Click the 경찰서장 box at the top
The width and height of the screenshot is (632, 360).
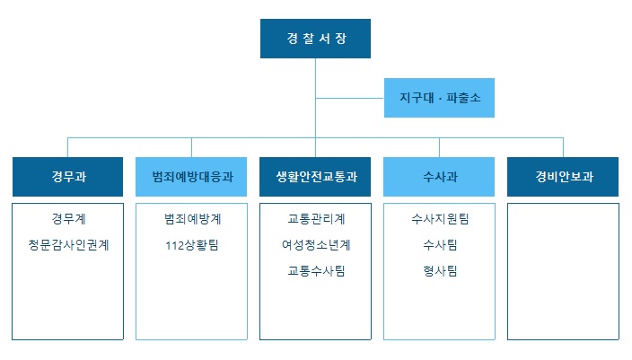coord(315,39)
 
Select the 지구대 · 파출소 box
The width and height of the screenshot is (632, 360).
coord(439,98)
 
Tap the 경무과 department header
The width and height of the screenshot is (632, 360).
coord(68,177)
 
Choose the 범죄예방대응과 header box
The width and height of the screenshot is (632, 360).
coord(191,177)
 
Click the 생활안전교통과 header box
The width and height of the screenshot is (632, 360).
coord(315,177)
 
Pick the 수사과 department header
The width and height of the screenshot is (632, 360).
coord(439,177)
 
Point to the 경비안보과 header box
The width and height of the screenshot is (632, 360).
coord(563,177)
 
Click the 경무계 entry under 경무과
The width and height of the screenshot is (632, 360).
coord(68,218)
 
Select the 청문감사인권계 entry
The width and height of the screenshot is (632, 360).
coord(68,244)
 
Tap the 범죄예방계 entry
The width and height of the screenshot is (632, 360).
coord(191,218)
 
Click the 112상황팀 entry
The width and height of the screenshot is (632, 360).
coord(191,244)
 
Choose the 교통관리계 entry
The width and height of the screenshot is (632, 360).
coord(315,218)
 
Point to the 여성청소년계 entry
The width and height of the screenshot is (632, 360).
coord(315,244)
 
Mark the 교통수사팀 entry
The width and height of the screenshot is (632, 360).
coord(315,270)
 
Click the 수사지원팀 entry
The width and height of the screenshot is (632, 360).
coord(439,218)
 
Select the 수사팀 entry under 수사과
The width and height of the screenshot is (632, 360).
coord(439,244)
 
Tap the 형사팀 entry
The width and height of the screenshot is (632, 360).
coord(439,270)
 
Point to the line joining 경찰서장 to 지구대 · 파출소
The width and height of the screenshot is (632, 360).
coord(350,98)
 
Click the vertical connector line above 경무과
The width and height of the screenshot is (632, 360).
coord(68,147)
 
